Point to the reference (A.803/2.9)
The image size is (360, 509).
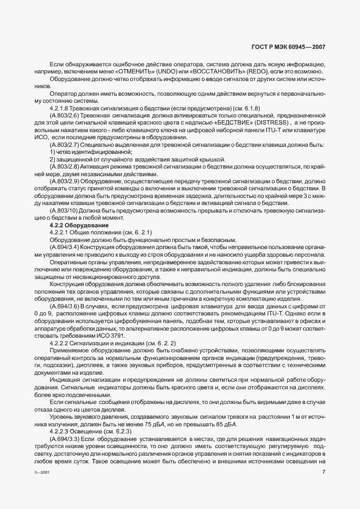[x=65, y=179]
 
